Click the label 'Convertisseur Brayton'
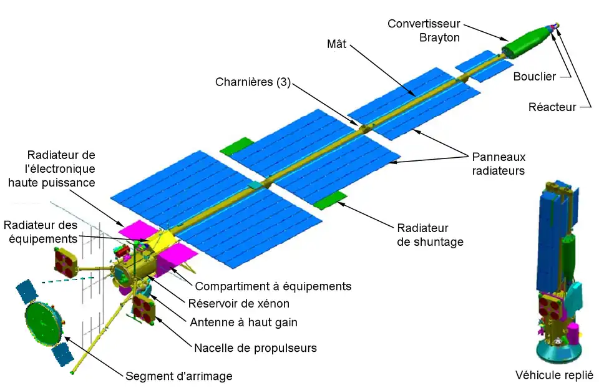click(424, 31)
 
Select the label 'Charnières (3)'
click(253, 82)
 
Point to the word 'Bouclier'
click(534, 77)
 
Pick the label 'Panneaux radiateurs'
click(496, 163)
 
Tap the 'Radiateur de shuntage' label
click(430, 235)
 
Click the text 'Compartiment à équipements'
click(273, 286)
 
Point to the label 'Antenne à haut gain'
click(243, 323)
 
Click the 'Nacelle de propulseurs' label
click(256, 348)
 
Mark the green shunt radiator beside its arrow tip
click(329, 201)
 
